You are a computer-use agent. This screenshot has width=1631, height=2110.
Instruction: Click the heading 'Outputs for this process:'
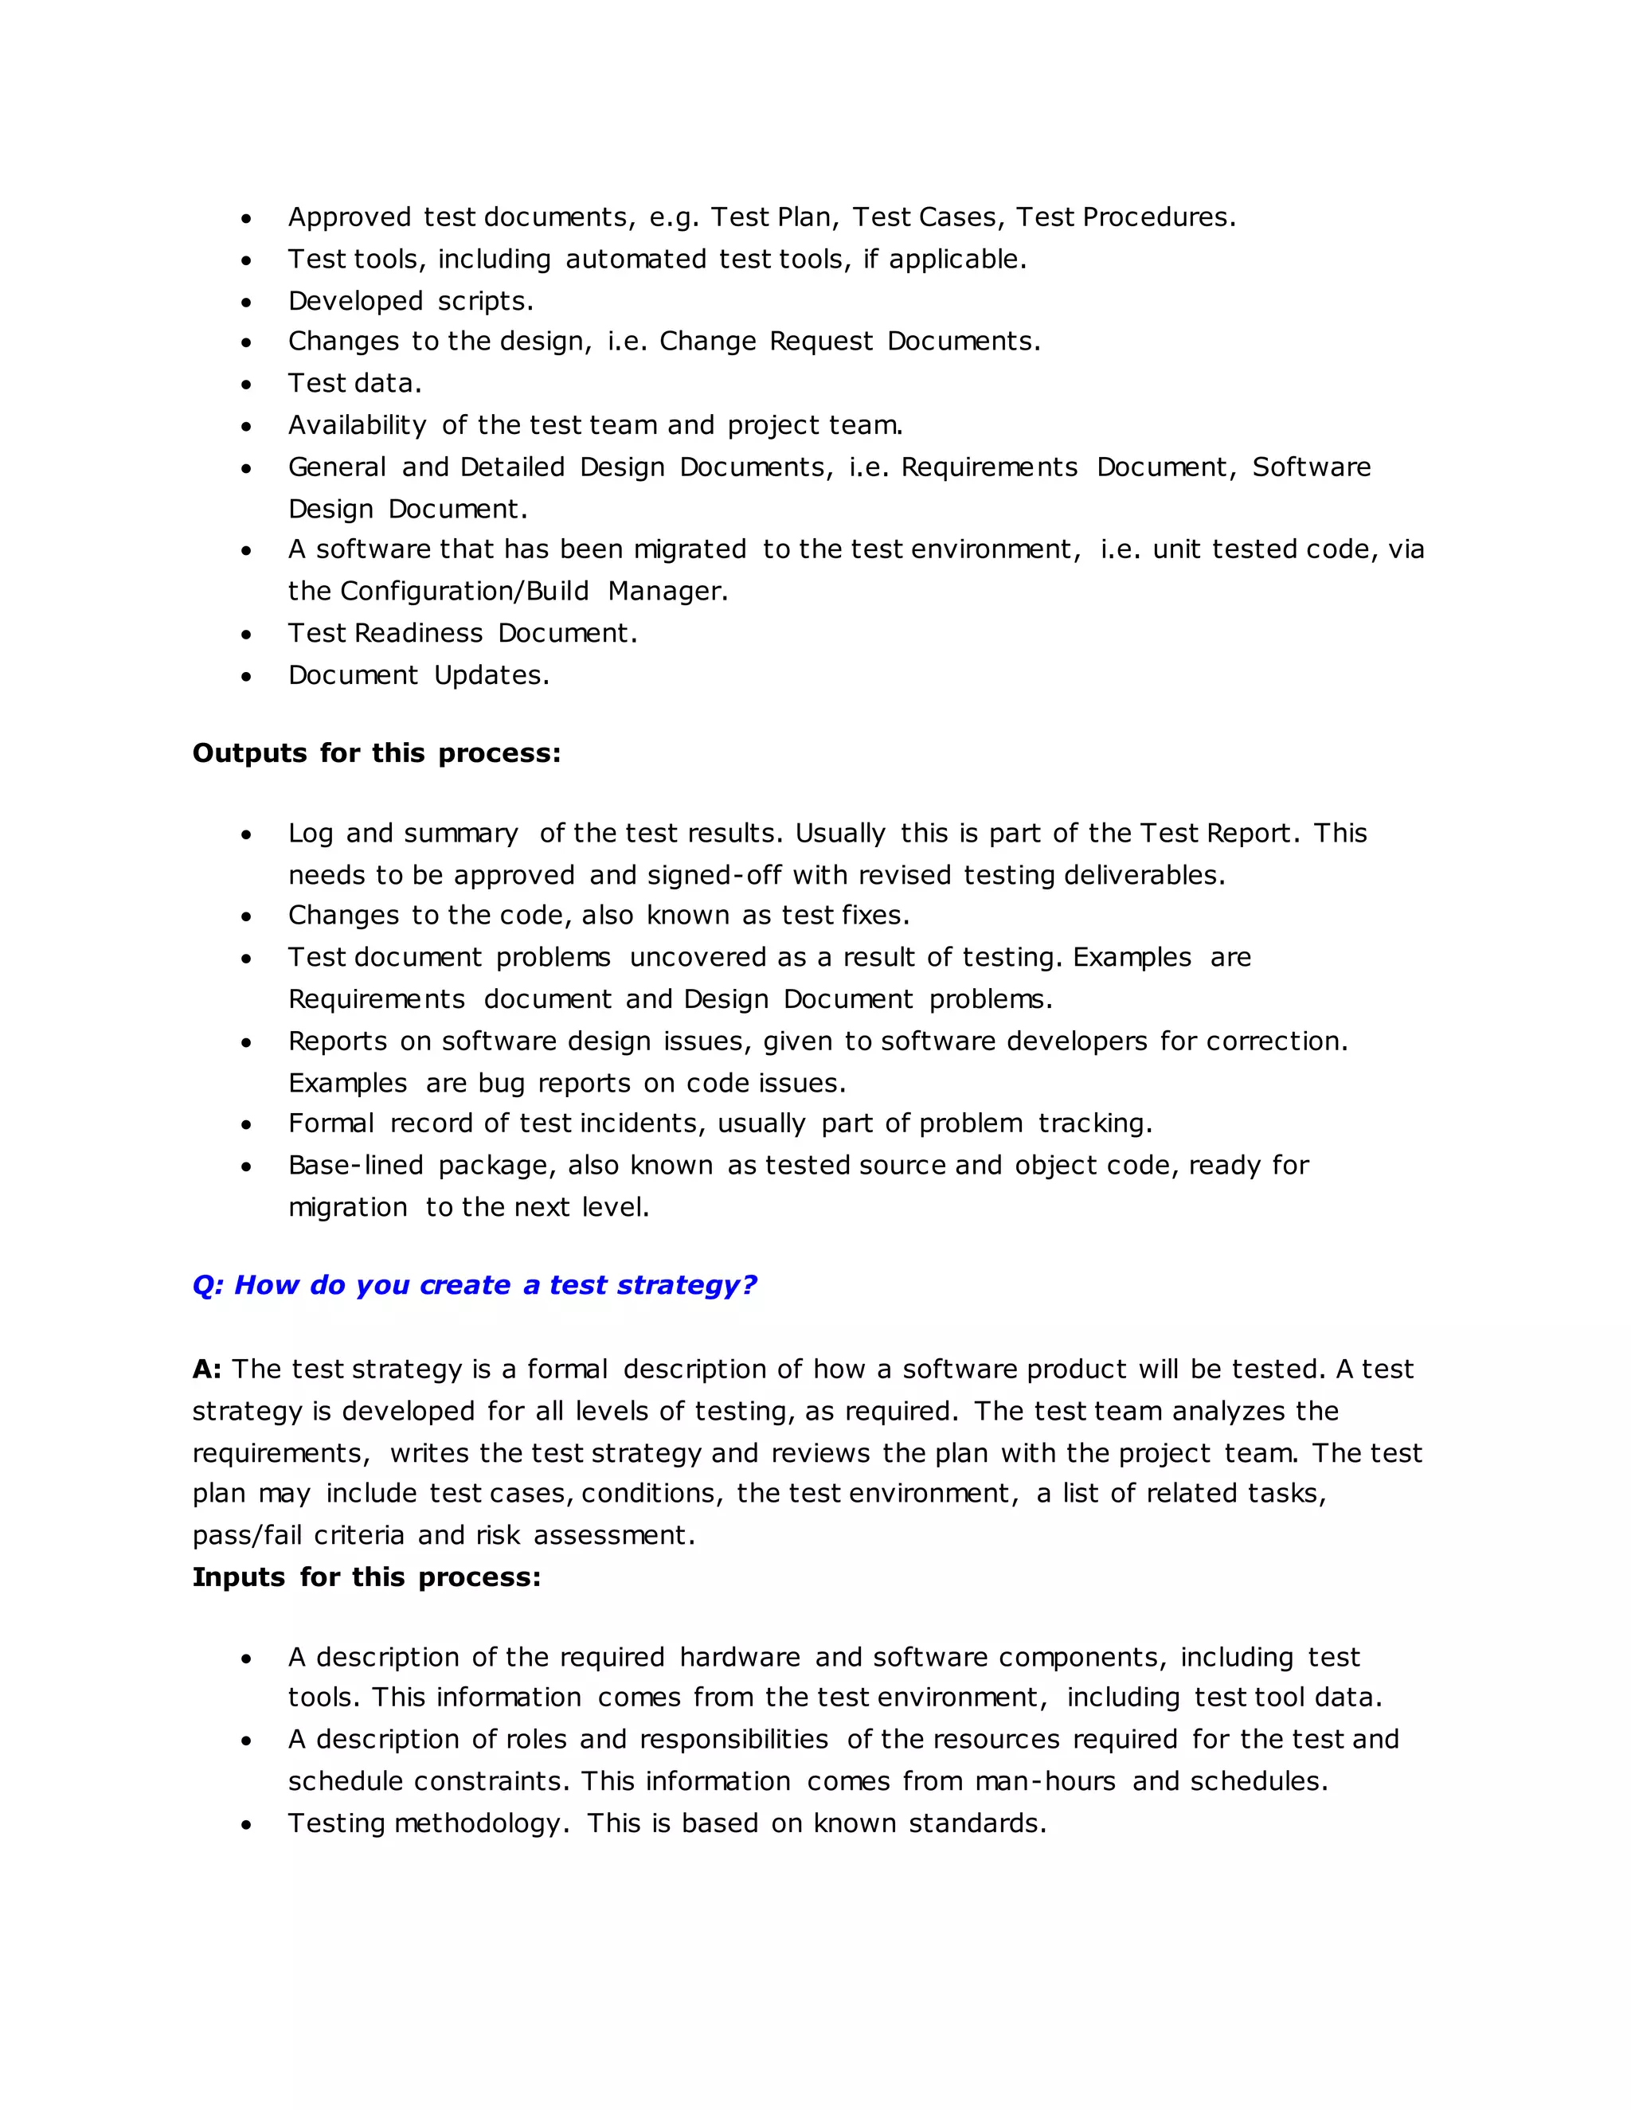point(376,752)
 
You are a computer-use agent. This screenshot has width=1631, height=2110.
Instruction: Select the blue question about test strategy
point(474,1285)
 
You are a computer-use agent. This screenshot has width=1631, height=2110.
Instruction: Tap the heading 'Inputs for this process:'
point(366,1577)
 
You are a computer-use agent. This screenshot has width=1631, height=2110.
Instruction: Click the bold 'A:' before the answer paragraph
point(207,1369)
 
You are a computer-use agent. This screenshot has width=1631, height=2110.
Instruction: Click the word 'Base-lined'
point(355,1165)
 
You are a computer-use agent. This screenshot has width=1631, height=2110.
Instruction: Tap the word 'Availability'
point(357,425)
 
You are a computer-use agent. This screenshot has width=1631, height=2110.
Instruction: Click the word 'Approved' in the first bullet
point(349,217)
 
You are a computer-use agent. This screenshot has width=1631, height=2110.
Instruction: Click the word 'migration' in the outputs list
point(347,1208)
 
